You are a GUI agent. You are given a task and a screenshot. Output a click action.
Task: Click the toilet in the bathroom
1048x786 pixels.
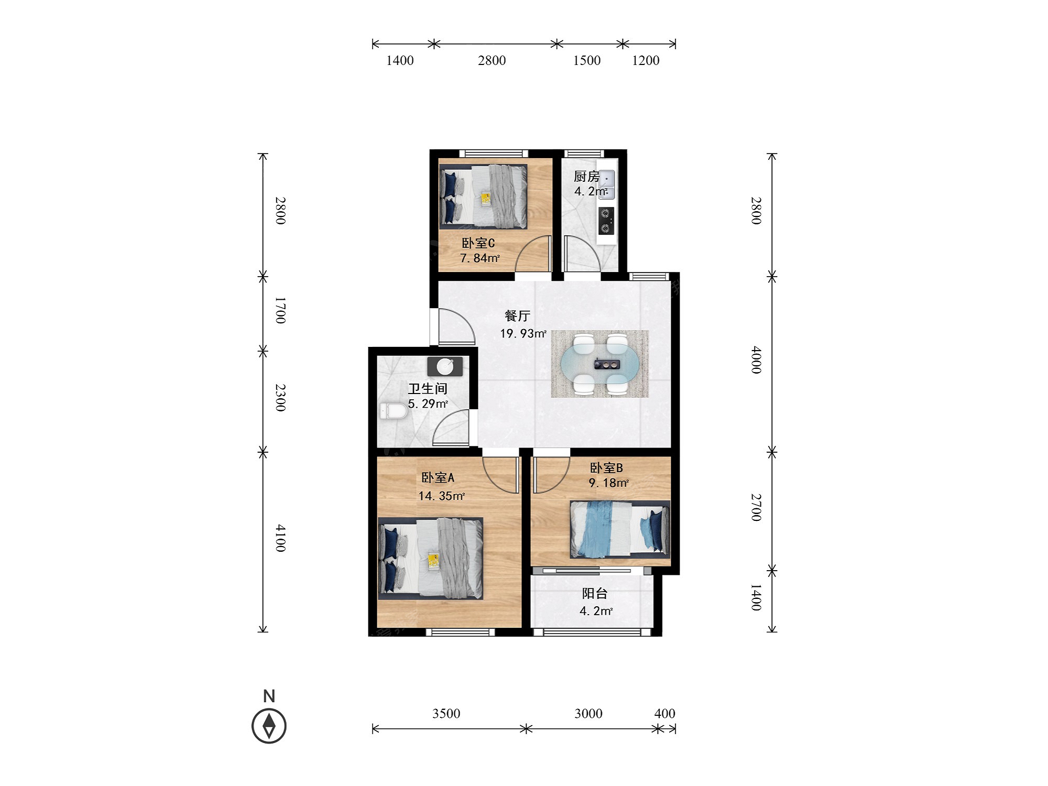(x=393, y=411)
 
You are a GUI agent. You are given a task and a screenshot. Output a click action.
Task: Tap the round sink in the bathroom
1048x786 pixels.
(x=445, y=366)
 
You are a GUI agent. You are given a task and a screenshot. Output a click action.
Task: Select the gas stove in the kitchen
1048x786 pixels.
(x=606, y=221)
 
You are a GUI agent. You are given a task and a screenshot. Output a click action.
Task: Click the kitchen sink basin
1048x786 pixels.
(x=606, y=185)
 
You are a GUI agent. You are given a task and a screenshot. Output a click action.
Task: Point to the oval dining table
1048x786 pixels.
(x=599, y=364)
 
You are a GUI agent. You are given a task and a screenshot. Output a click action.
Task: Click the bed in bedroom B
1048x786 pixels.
(x=620, y=529)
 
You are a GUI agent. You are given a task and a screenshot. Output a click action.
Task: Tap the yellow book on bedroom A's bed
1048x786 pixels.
(x=433, y=560)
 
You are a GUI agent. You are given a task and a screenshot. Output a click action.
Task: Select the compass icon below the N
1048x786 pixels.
(x=269, y=726)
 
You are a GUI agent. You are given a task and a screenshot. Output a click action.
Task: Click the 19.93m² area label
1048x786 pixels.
(x=523, y=333)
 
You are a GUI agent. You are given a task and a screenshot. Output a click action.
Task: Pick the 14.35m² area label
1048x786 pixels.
(x=441, y=496)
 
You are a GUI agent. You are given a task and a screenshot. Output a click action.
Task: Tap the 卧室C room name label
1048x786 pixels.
(x=478, y=243)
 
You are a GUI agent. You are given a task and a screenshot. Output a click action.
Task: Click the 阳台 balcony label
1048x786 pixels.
(x=595, y=593)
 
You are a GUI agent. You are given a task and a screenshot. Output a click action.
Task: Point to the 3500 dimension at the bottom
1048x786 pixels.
(x=446, y=713)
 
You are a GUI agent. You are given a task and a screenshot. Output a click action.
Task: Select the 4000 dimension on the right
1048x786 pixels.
(x=756, y=359)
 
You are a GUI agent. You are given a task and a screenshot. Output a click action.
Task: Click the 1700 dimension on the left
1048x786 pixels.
(x=280, y=310)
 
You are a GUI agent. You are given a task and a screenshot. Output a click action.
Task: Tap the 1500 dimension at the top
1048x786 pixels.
(x=587, y=60)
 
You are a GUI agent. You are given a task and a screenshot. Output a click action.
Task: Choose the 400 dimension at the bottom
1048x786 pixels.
(x=664, y=713)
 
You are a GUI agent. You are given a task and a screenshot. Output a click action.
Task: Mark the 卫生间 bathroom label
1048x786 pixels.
(x=428, y=388)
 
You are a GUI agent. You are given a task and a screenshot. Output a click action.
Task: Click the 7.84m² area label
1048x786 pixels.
(x=480, y=258)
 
